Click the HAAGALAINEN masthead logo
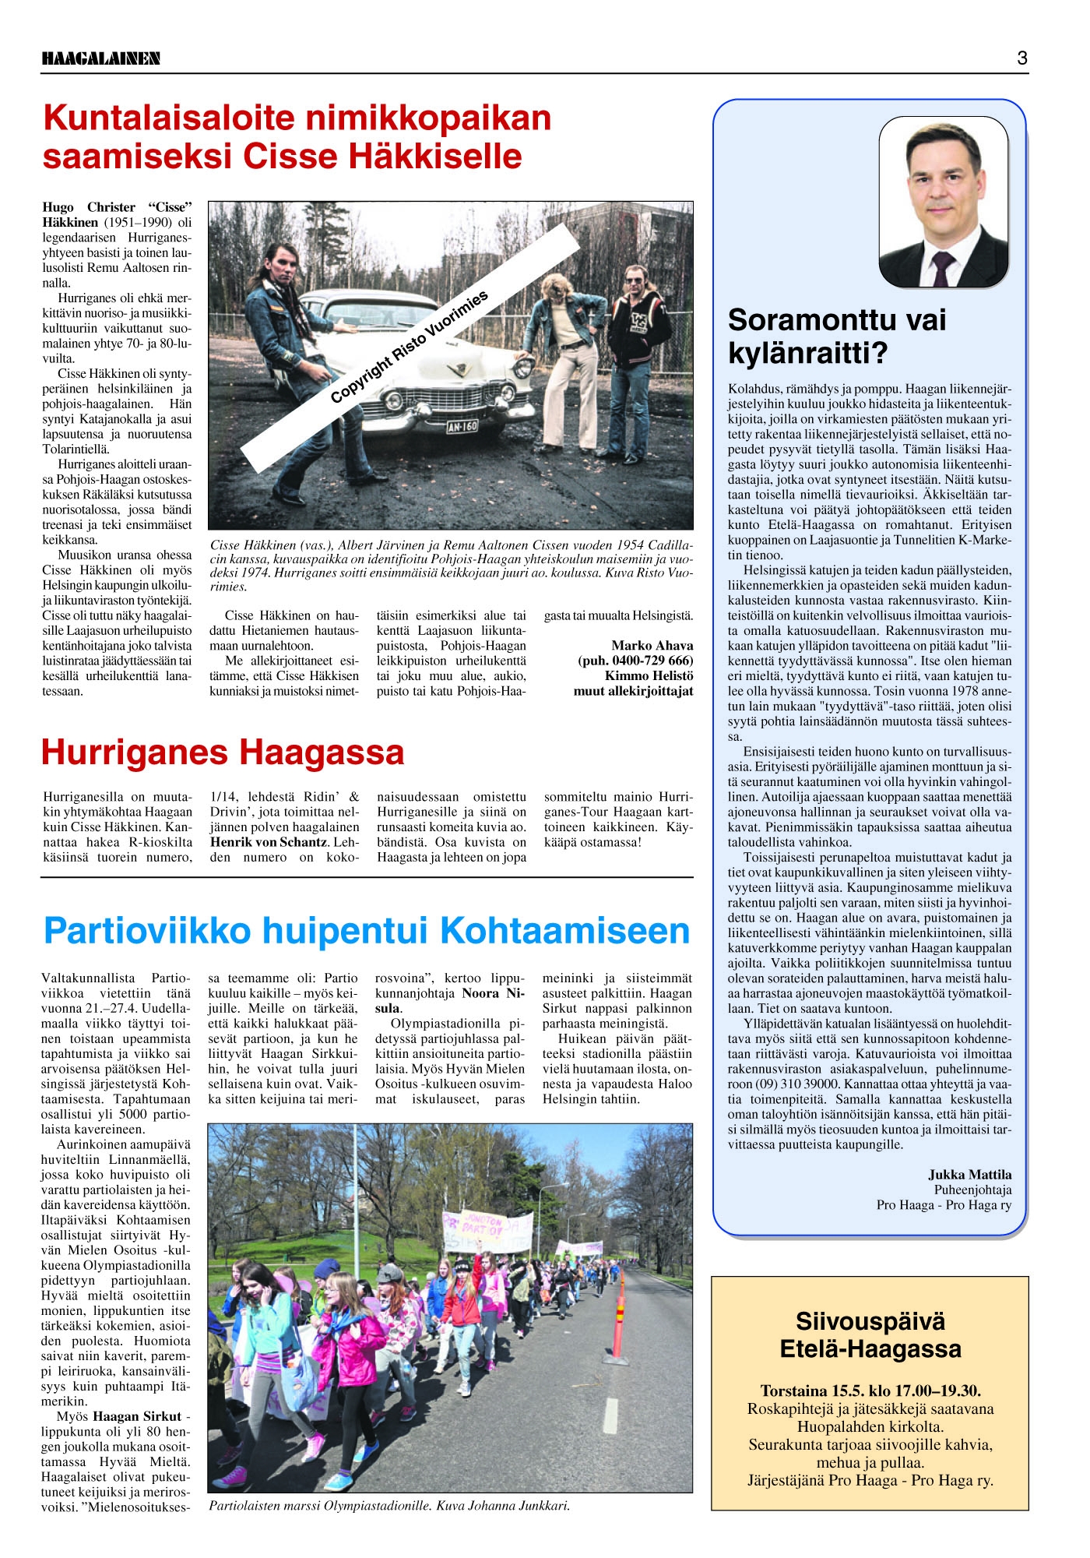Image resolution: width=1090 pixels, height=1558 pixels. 101,58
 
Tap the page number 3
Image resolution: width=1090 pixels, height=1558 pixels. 1021,58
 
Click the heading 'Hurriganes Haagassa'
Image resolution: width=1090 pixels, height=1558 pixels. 223,753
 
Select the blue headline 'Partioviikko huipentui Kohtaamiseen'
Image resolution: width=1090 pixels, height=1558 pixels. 367,930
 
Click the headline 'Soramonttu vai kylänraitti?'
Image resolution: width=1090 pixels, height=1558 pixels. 837,336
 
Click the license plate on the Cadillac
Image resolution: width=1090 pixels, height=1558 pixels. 462,426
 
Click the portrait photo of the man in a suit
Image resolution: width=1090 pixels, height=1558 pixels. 943,202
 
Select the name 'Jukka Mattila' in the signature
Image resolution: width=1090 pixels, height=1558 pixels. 969,1175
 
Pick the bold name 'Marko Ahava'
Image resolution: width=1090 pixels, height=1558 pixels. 652,645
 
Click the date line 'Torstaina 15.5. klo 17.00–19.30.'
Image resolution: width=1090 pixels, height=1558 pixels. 870,1391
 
